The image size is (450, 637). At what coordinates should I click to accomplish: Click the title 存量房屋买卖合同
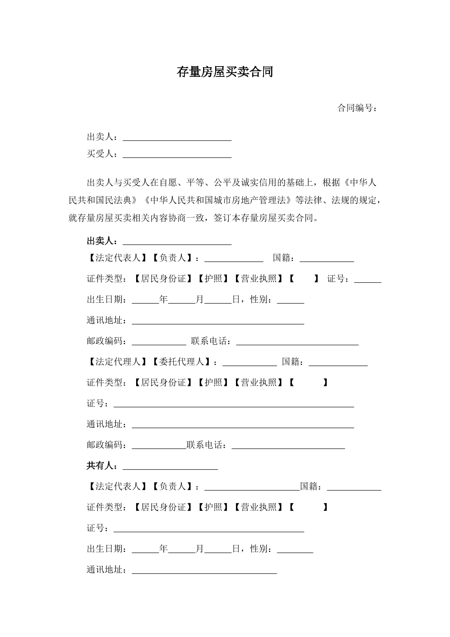[x=225, y=72]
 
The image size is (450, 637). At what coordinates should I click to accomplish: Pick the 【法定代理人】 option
[x=118, y=362]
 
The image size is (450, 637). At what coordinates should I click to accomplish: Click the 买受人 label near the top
[x=100, y=154]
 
